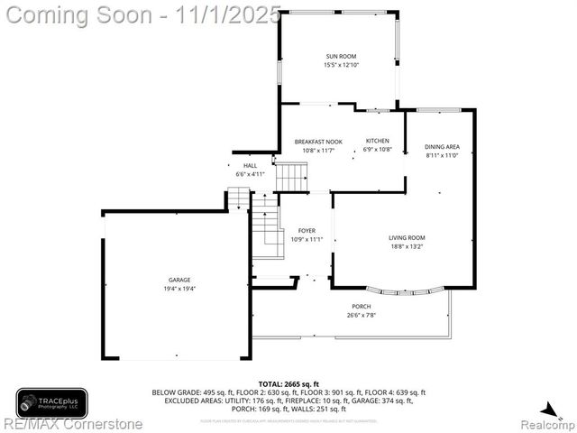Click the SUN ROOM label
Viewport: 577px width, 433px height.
coord(341,57)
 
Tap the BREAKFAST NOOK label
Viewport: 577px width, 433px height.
coord(318,142)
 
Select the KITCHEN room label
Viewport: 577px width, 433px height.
coord(377,141)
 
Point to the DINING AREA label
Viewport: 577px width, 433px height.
coord(442,147)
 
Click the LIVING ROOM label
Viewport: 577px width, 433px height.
coord(407,238)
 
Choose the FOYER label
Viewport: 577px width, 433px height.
coord(307,231)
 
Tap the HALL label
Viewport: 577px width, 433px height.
coord(250,166)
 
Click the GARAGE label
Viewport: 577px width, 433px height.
coord(179,281)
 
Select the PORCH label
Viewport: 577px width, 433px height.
coord(361,307)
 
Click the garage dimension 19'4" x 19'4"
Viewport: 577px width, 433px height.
coord(179,289)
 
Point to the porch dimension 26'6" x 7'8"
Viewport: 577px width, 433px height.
coord(361,315)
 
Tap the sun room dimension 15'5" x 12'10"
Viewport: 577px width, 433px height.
coord(341,65)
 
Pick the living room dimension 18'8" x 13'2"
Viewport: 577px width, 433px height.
coord(407,246)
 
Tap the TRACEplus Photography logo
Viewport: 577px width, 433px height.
coord(51,402)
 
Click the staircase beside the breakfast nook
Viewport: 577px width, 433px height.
coord(291,177)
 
